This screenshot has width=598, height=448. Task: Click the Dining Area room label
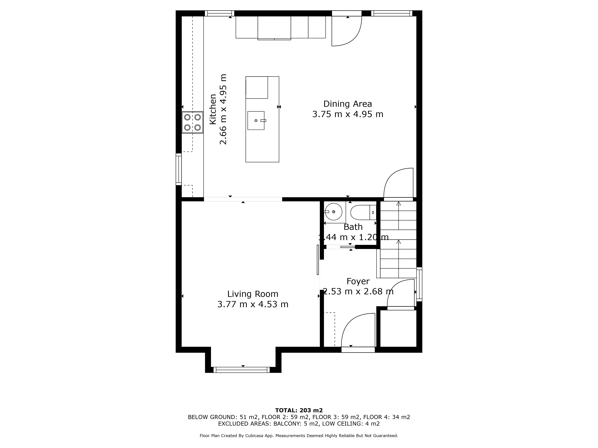point(348,104)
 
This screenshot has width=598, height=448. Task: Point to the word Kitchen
point(213,109)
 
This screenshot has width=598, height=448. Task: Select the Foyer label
point(358,281)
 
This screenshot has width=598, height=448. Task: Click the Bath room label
point(353,227)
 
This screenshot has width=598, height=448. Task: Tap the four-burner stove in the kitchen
point(193,122)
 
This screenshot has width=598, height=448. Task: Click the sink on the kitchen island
point(256,121)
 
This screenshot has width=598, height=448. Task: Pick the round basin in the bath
point(334,212)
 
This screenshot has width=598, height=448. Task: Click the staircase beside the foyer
point(398,240)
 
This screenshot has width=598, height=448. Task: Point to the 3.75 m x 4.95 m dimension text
point(348,114)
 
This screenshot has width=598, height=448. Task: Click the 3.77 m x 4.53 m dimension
point(253,304)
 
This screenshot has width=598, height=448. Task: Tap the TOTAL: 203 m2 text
point(299,411)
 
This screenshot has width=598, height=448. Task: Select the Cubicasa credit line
point(299,436)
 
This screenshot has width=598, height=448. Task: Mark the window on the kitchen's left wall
point(179,169)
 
